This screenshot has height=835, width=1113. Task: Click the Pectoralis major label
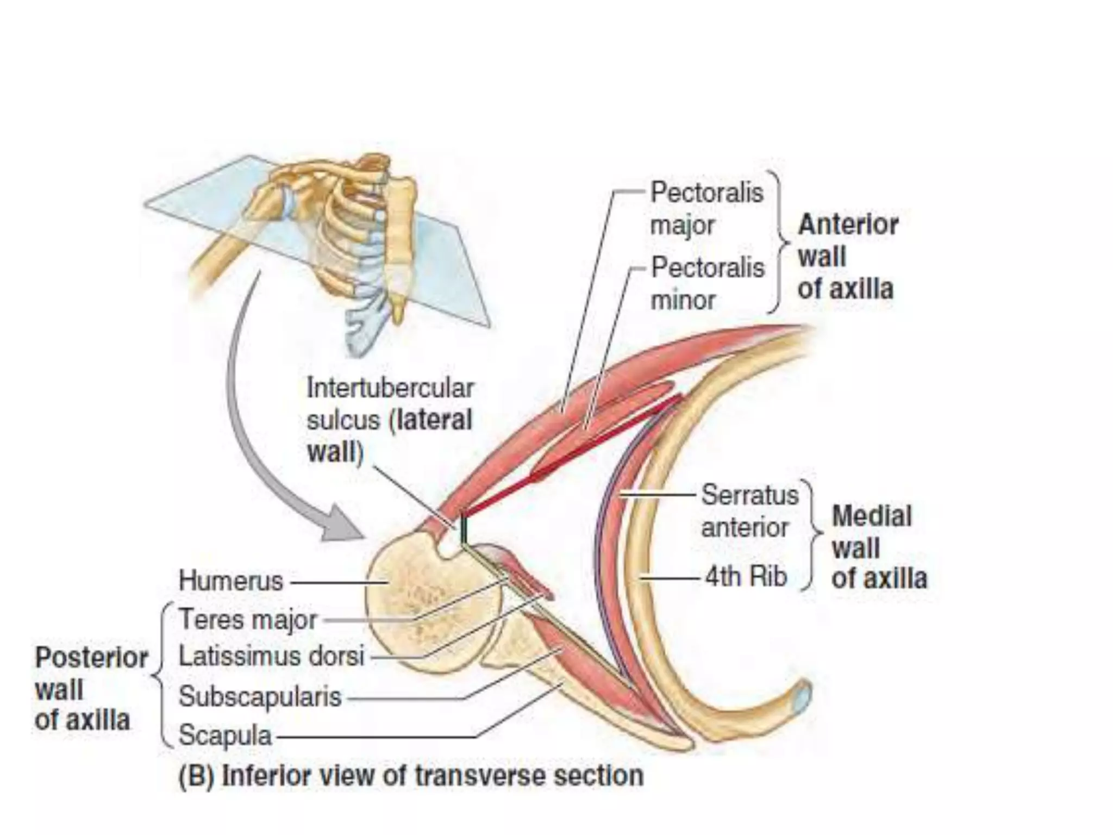(706, 209)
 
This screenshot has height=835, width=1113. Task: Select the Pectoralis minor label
(707, 284)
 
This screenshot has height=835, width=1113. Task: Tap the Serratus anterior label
(749, 511)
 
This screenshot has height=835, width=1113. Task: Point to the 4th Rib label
(746, 576)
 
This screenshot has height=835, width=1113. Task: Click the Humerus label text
(231, 581)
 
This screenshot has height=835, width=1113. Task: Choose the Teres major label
(247, 620)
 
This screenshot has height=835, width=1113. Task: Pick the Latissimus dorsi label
(271, 656)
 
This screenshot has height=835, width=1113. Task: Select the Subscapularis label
(260, 697)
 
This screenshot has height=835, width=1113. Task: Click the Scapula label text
(225, 736)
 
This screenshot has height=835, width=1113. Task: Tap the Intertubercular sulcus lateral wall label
(389, 420)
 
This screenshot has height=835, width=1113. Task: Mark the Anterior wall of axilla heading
(847, 257)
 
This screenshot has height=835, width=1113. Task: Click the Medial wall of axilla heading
(878, 547)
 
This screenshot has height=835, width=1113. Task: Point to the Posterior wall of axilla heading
(90, 689)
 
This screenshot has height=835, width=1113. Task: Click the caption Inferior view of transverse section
(411, 776)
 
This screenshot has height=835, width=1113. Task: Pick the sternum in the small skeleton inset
(401, 239)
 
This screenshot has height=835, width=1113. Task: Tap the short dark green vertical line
(464, 528)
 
